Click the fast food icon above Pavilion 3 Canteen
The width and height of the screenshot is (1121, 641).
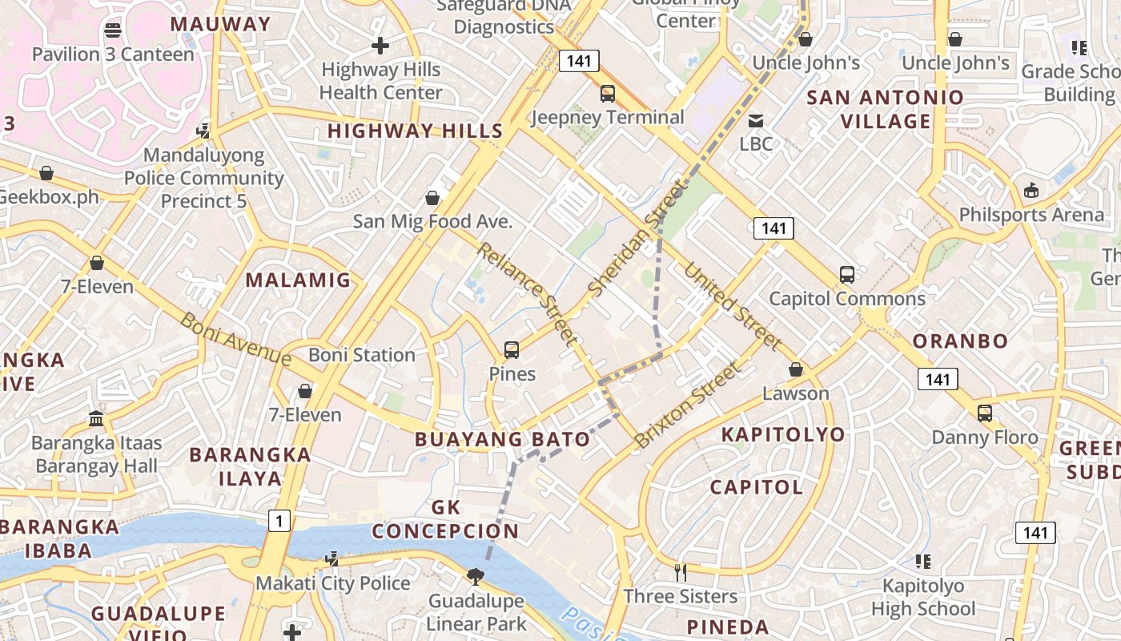coord(113,30)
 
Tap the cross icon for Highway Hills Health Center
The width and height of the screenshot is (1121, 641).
coord(380,46)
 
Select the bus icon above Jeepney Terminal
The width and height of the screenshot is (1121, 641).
coord(608,94)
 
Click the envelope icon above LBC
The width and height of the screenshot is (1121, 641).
coord(756,121)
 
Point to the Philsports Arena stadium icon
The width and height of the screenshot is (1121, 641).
coord(1031,191)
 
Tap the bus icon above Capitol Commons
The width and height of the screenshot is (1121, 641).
coord(847,275)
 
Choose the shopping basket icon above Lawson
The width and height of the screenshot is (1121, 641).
coord(796,369)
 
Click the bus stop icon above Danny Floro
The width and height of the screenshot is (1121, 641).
coord(985,413)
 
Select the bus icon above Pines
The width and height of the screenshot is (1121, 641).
coord(512,350)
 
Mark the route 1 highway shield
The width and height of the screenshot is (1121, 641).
coord(278,521)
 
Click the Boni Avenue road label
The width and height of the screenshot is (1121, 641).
coord(235,339)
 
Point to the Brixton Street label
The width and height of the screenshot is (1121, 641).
coord(687,405)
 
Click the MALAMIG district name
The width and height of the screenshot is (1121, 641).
coord(298,280)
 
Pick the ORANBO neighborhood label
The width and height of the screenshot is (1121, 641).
coord(960,341)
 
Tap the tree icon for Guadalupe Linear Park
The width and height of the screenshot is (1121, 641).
coord(476,576)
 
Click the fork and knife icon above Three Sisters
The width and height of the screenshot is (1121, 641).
coord(681,572)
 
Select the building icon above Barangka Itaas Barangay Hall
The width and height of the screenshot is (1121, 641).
coord(96,418)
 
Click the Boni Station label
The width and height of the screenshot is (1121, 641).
coord(362,355)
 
